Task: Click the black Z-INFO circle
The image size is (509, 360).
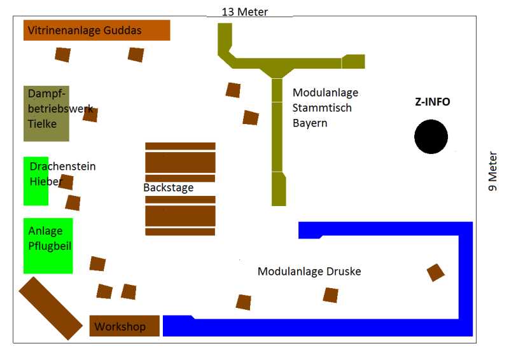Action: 431,136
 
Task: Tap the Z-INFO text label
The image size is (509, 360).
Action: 432,102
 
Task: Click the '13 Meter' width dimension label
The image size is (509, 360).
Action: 244,11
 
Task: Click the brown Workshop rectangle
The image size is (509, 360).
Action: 124,326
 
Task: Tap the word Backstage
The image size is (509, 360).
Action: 168,188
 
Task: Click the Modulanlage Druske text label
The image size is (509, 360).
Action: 309,272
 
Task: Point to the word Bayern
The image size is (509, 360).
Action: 310,123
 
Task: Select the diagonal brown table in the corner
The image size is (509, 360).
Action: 50,308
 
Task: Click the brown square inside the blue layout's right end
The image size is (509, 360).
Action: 436,272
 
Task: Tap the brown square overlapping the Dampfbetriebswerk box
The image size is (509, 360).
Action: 90,115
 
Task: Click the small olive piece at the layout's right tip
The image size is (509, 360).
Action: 353,61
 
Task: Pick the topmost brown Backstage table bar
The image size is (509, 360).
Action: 180,146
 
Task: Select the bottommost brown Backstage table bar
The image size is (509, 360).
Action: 180,232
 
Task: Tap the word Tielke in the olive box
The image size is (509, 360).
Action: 42,124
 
